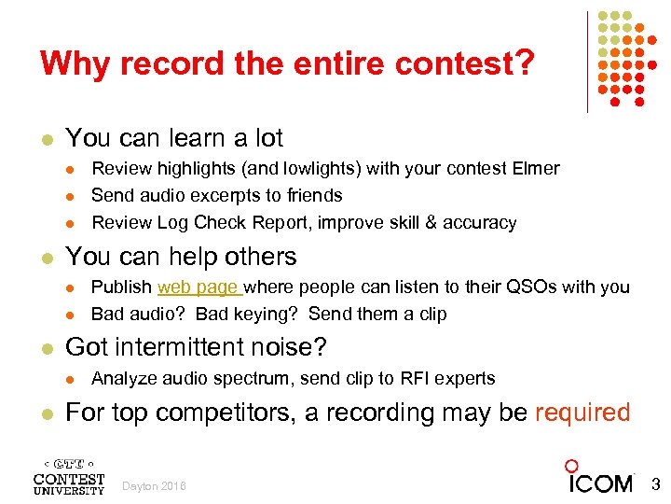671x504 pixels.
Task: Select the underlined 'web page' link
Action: point(198,287)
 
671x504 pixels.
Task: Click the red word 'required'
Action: point(582,413)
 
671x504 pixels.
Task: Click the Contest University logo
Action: point(69,476)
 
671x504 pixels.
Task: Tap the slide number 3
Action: point(654,484)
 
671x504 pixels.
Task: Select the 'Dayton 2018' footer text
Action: point(155,486)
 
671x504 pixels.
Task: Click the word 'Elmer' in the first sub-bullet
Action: point(536,169)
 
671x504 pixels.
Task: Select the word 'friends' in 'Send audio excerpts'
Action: point(311,196)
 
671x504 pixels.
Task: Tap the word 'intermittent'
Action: point(179,348)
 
